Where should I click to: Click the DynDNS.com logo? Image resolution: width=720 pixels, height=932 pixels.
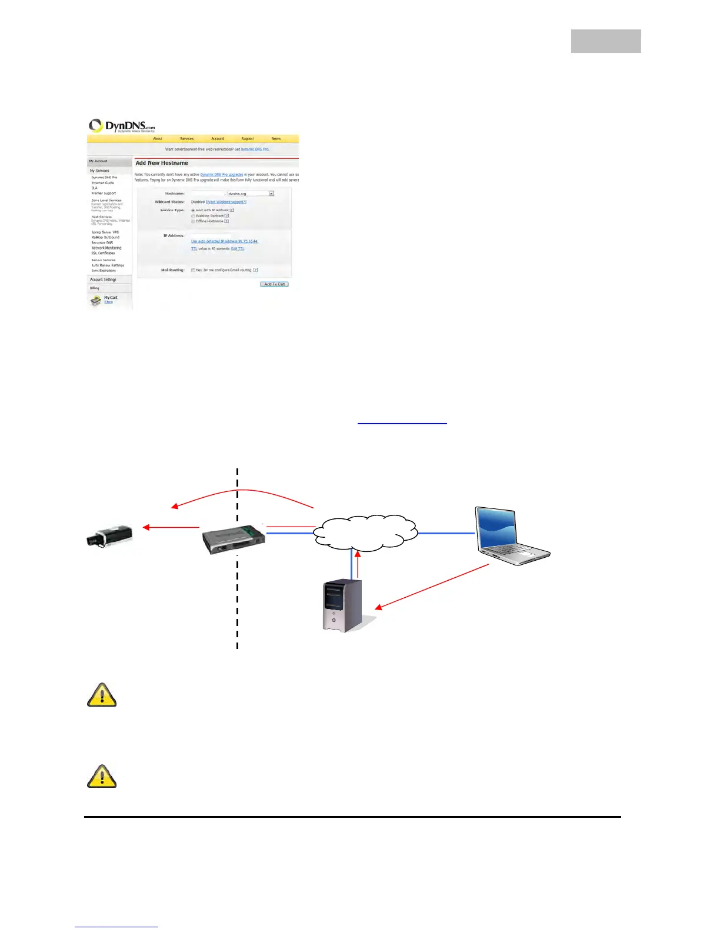tap(122, 126)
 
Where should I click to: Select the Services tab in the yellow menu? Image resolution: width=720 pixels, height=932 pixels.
tap(186, 139)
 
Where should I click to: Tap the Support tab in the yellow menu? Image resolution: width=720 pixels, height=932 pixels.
tap(248, 139)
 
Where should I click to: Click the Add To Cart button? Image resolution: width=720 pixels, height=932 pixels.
tap(274, 284)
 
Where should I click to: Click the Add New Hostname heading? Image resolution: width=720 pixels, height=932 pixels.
tap(162, 163)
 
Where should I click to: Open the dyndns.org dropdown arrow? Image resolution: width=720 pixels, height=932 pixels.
tap(271, 194)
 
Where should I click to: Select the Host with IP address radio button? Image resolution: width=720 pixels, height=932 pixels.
tap(193, 210)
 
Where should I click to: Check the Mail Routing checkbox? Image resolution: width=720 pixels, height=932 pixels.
tap(193, 270)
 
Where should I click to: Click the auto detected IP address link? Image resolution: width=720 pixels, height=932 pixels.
tap(225, 241)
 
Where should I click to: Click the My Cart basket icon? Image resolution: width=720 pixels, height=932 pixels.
tap(95, 301)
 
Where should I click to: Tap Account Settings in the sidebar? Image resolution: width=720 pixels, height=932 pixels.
tap(103, 279)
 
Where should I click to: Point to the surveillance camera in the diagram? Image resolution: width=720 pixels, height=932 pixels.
tap(110, 536)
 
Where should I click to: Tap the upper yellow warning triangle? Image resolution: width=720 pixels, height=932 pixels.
tap(102, 695)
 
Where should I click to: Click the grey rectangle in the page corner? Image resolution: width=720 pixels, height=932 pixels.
tap(606, 41)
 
